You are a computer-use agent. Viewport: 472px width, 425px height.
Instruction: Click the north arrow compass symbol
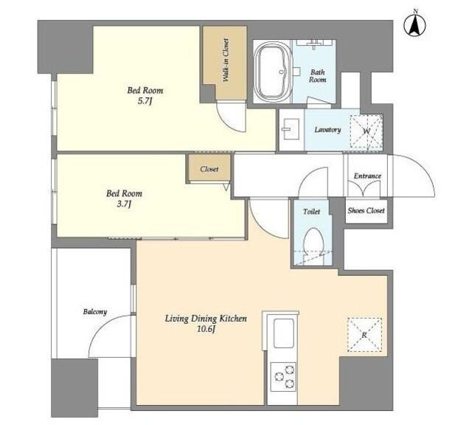414,24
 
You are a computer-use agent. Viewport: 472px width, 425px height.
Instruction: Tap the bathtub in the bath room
273,72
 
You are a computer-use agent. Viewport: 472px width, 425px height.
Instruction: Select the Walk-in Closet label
226,60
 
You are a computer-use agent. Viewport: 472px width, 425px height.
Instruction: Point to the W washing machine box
367,131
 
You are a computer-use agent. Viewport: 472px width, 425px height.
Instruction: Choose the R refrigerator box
364,335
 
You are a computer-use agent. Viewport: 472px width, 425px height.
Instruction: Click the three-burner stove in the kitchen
283,376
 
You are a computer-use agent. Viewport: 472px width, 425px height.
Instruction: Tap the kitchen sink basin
283,333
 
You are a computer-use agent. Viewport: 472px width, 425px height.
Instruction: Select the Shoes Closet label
366,210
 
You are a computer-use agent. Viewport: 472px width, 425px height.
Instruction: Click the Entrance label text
367,176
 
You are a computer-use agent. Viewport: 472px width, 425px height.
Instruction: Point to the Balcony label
95,312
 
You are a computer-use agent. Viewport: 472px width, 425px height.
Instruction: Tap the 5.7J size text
144,101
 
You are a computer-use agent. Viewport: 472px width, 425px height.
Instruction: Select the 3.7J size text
124,204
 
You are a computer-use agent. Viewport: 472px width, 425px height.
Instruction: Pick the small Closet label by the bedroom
209,169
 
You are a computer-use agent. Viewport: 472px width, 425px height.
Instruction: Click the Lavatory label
327,130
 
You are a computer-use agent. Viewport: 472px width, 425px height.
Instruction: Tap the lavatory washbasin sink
290,129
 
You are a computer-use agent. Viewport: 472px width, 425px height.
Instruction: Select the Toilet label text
311,212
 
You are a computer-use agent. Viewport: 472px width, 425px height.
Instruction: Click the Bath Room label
318,76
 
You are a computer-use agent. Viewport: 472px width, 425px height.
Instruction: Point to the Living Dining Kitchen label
206,318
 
